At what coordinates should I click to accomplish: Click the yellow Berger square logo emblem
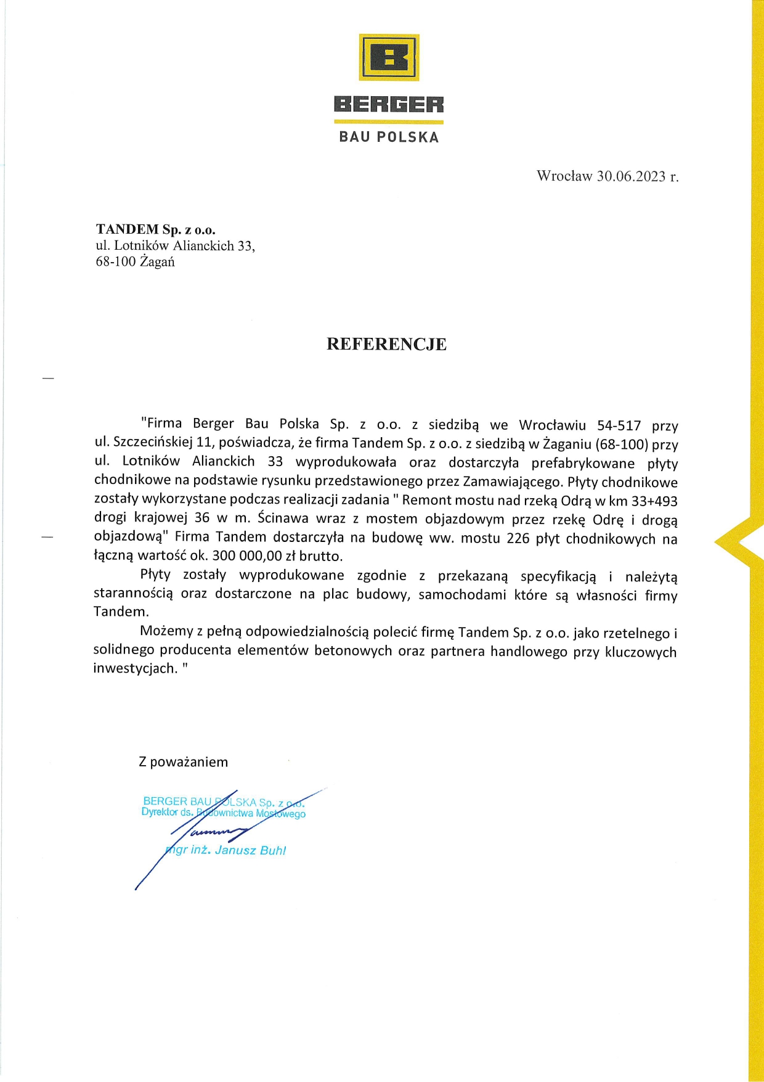tap(389, 57)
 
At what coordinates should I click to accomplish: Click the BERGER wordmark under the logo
tap(389, 104)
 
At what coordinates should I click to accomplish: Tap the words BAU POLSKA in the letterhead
tap(389, 137)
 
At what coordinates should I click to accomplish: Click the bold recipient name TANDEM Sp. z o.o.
tap(156, 229)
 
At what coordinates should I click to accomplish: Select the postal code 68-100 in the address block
tap(115, 262)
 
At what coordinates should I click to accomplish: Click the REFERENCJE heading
tap(386, 344)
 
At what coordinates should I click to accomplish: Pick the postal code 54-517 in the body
tap(619, 425)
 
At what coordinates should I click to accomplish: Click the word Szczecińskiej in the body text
tap(153, 443)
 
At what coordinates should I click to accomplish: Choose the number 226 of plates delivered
tap(518, 538)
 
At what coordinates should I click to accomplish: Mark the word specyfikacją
tap(558, 576)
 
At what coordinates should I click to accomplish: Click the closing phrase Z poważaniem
tap(184, 762)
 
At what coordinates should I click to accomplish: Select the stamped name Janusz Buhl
tap(250, 851)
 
